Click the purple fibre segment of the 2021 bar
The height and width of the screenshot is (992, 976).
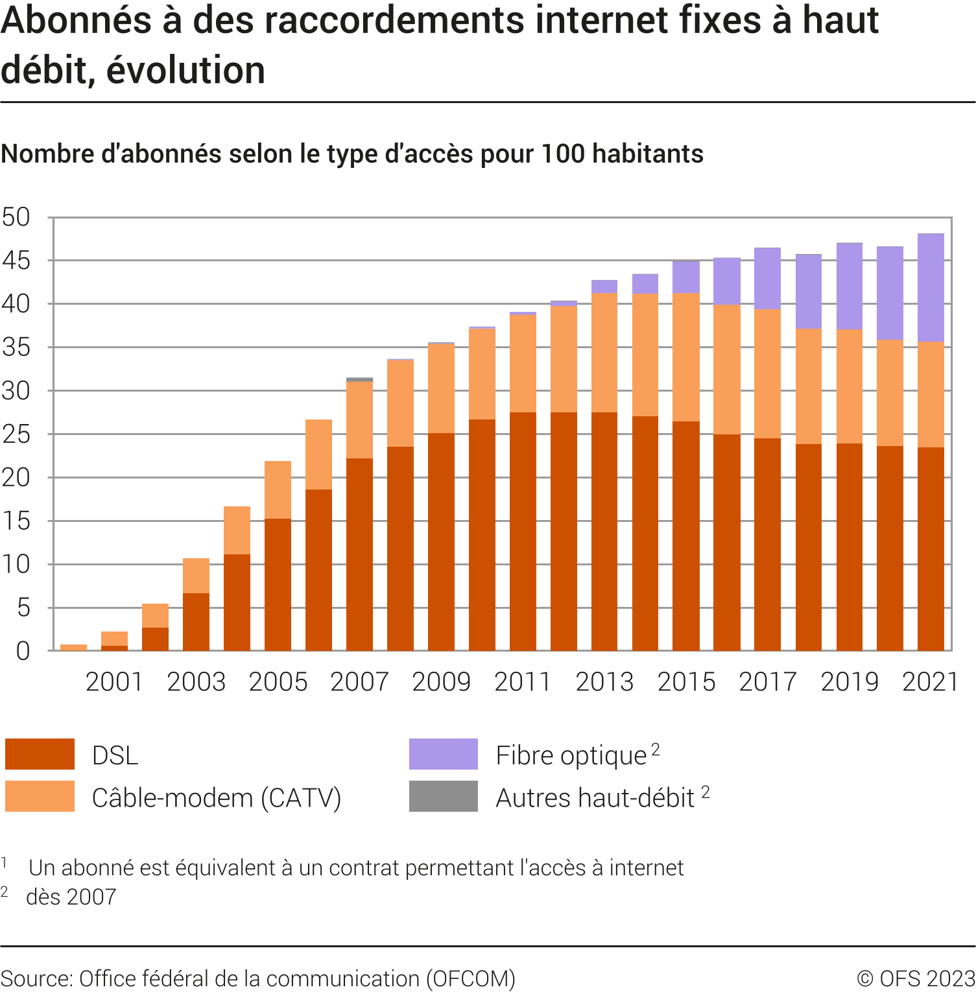click(x=931, y=288)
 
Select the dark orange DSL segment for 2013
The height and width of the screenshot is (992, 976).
click(x=604, y=531)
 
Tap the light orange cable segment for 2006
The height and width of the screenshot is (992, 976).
click(x=318, y=455)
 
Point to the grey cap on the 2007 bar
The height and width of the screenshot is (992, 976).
click(x=359, y=379)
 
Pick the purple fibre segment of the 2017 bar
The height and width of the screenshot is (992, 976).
click(x=767, y=279)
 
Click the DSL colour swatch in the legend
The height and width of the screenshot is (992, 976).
click(x=40, y=754)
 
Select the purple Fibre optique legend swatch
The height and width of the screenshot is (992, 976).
click(x=443, y=754)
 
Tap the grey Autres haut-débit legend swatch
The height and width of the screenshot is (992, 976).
click(x=443, y=796)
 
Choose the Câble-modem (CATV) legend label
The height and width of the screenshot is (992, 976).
click(x=216, y=797)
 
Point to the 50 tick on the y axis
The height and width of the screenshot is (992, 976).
click(x=16, y=217)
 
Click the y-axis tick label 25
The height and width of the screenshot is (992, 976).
click(x=16, y=434)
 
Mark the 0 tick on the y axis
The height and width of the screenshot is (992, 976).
click(x=23, y=651)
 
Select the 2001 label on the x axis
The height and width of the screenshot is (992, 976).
click(x=114, y=682)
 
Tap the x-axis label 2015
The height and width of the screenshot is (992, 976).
click(x=686, y=682)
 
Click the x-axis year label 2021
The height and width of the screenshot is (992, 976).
click(x=931, y=682)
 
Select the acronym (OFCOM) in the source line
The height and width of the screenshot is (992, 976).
click(x=471, y=978)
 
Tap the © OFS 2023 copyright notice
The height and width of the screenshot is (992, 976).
click(x=916, y=978)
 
